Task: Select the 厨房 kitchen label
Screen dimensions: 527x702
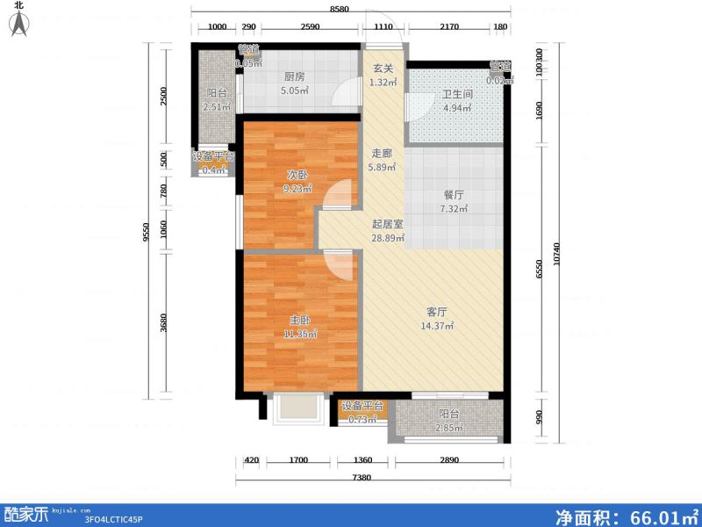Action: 294,75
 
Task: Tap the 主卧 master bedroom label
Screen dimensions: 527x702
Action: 298,321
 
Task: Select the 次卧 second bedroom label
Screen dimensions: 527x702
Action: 296,174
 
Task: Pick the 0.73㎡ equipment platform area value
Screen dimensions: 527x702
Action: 362,419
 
